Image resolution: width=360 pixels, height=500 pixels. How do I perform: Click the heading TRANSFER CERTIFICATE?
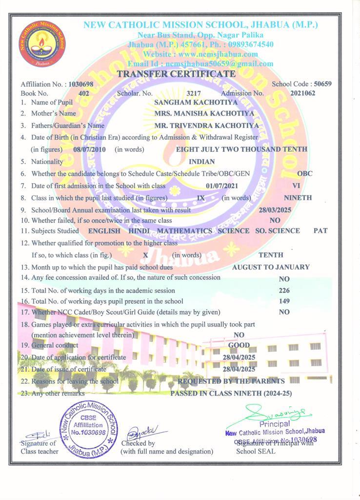coord(176,74)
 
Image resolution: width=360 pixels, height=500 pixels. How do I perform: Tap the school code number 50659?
coord(322,84)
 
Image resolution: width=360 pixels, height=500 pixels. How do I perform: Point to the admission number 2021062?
coord(302,93)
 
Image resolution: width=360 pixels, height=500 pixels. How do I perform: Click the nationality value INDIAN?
coord(202,162)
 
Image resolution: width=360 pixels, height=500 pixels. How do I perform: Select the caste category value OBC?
coord(305,173)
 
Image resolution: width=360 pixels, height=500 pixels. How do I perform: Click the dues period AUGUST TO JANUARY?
coord(271,267)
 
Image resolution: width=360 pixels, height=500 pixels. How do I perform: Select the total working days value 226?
coord(284,291)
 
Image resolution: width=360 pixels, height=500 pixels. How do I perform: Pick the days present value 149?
coord(284,301)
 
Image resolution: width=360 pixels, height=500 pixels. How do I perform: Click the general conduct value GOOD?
coord(239,345)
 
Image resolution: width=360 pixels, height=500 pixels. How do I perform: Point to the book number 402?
coord(84,93)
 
